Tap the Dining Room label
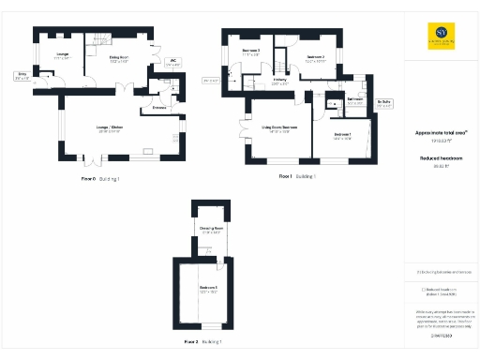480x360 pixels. click(118, 60)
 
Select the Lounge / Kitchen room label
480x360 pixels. click(110, 128)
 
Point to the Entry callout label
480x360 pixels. click(22, 76)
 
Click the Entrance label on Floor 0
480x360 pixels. click(147, 108)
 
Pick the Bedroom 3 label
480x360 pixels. click(250, 52)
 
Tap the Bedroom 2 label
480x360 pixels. click(315, 59)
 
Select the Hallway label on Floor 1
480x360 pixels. click(280, 82)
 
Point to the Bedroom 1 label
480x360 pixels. click(342, 136)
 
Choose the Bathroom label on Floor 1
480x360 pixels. click(354, 100)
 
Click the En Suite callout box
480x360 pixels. click(384, 103)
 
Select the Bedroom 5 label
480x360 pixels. click(208, 289)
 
